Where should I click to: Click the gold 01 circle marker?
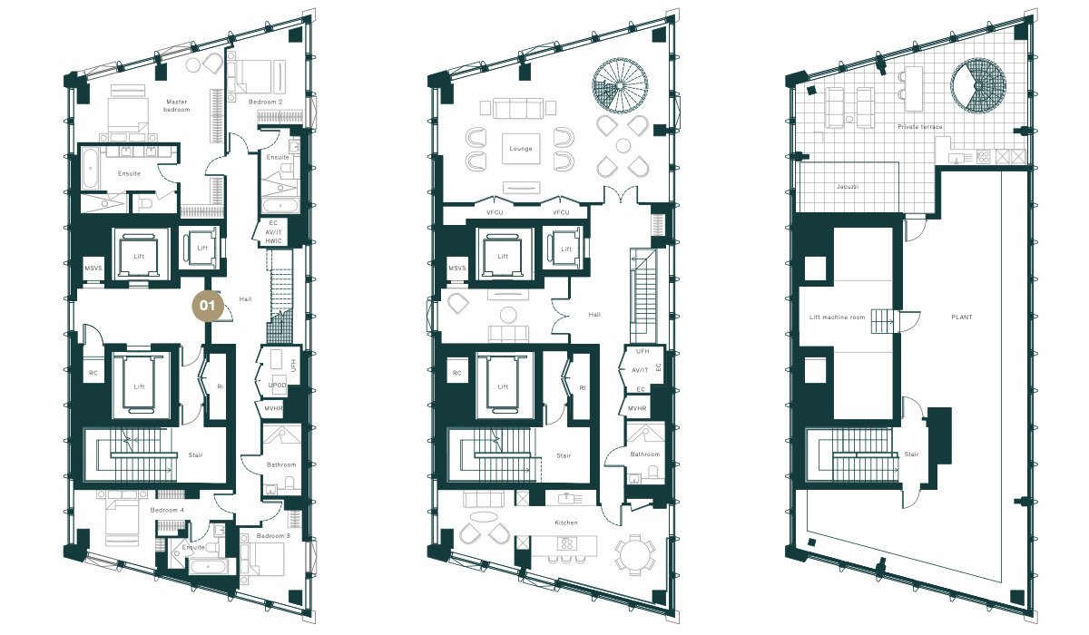[x=208, y=306]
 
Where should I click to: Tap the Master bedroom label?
[x=176, y=106]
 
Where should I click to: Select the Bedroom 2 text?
[x=265, y=102]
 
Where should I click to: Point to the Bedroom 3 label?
[x=273, y=536]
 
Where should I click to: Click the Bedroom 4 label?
[x=167, y=510]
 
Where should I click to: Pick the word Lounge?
[x=521, y=149]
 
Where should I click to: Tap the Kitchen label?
[x=566, y=523]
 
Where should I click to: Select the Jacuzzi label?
[x=848, y=187]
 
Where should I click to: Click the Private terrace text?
[x=920, y=127]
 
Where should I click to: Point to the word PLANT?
[x=962, y=317]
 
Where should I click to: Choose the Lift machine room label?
[x=837, y=317]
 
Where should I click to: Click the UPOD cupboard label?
[x=277, y=386]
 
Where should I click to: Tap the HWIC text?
[x=273, y=241]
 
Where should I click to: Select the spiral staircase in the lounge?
[x=620, y=86]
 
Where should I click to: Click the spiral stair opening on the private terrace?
[x=978, y=85]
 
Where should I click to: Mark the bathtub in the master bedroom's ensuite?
[x=90, y=169]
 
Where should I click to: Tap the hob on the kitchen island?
[x=566, y=543]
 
